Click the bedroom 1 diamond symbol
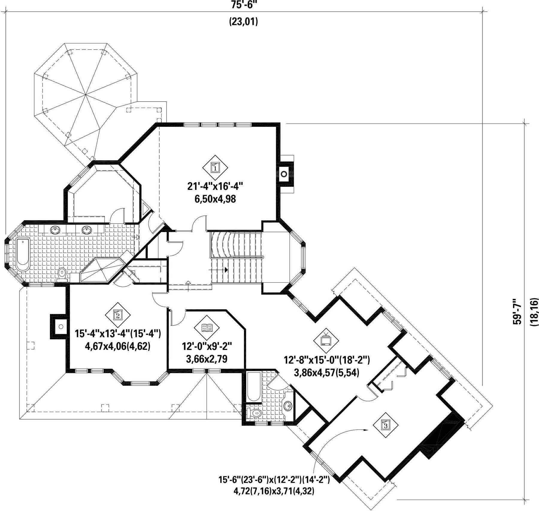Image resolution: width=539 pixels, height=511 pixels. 215,167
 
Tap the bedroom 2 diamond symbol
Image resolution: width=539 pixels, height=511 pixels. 118,315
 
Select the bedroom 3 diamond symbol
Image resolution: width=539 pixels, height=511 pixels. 386,425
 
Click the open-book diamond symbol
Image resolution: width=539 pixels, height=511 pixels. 207,328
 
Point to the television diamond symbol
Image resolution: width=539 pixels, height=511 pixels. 326,341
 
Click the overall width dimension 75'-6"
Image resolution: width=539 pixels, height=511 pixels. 244,4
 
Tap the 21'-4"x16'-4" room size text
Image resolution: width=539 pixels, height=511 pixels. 215,186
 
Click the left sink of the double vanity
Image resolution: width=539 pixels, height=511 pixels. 55,230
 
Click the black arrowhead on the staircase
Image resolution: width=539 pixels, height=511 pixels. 226,270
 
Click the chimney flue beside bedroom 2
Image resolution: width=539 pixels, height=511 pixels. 61,326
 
